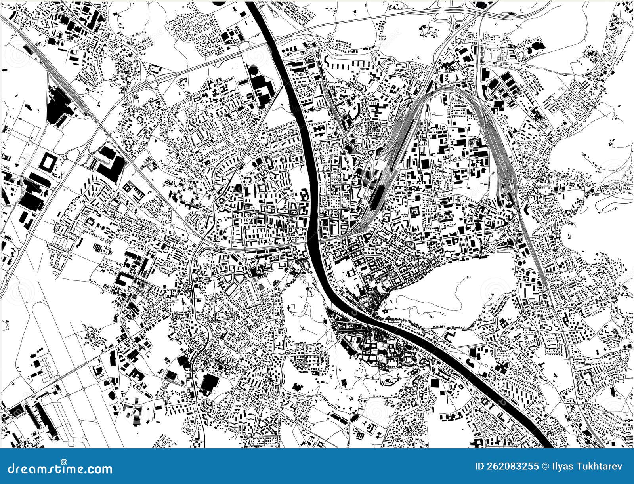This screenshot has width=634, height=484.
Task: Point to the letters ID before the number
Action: [479, 466]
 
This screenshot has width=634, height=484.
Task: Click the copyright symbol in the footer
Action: [546, 466]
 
